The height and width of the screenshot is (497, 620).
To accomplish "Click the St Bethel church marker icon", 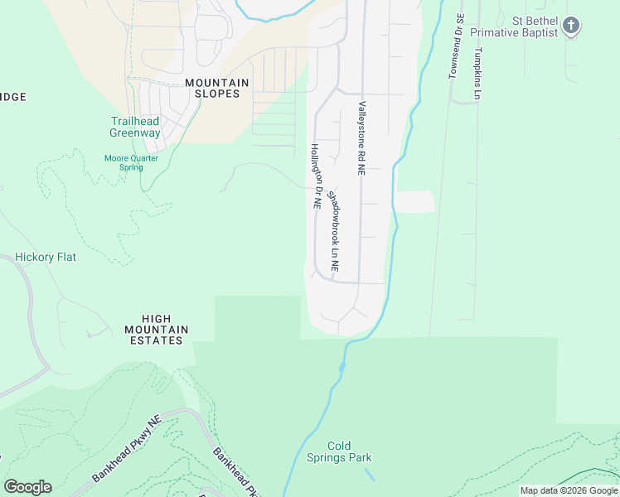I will point(570,26).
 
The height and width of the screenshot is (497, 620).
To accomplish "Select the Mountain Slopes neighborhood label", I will point(217,88).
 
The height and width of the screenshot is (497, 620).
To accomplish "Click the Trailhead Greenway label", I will point(135,127).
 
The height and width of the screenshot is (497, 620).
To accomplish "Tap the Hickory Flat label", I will point(46,257).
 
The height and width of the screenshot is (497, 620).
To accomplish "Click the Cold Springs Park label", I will point(350,451).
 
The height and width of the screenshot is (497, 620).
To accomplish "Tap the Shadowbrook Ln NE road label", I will point(334,232).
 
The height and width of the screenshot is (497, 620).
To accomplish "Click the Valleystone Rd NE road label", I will point(362,138).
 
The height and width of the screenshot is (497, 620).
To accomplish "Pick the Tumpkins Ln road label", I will point(477,73).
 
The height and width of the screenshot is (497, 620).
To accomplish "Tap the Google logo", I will point(27,487).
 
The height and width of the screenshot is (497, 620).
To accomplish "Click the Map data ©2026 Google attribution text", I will point(568,490).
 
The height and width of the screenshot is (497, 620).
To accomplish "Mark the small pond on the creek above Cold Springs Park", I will point(341,366).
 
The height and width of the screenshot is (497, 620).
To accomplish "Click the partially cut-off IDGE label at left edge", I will point(13,97).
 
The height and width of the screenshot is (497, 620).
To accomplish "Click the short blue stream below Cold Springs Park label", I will point(369,475).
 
